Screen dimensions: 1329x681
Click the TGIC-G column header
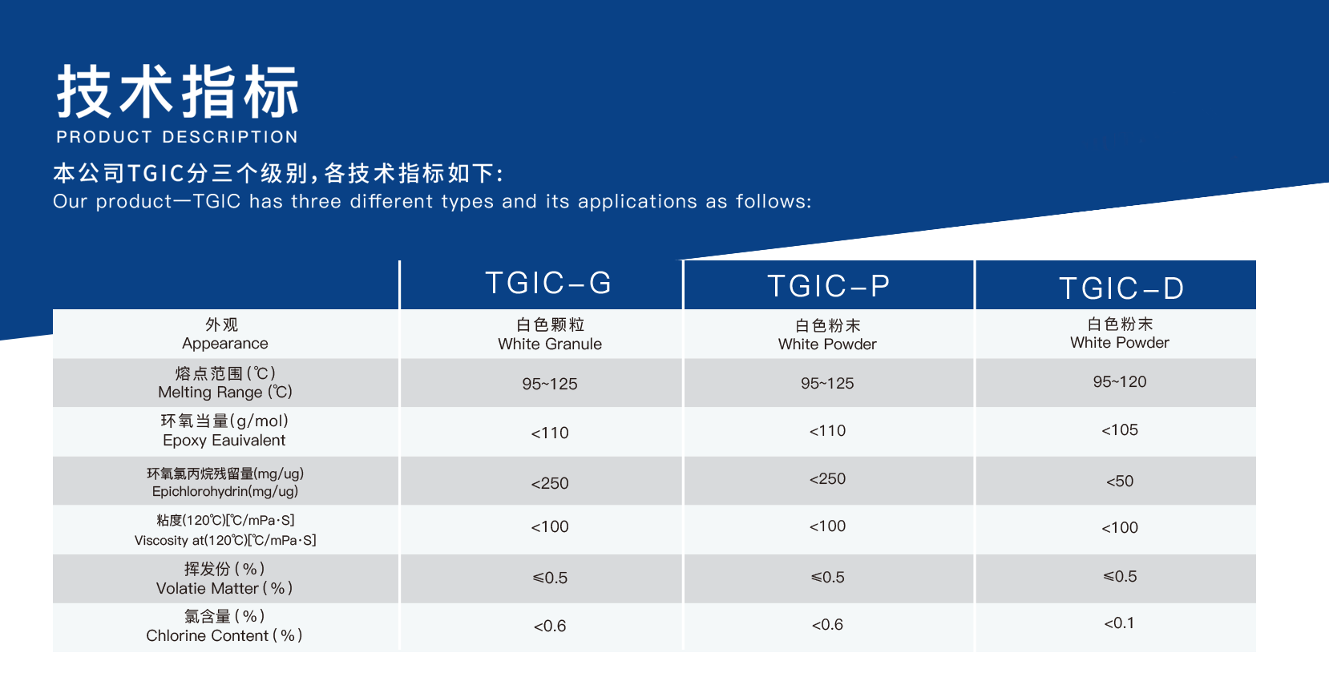(x=548, y=282)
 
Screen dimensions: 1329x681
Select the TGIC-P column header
(x=828, y=285)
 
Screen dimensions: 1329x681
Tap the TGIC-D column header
(x=1121, y=288)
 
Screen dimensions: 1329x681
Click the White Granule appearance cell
(x=549, y=335)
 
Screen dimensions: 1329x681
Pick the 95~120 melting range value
(x=1120, y=381)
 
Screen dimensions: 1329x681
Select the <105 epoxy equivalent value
(x=1120, y=430)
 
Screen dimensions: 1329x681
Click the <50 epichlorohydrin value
(x=1120, y=481)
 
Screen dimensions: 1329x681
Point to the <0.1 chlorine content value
(x=1119, y=623)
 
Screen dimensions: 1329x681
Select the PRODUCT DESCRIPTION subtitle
(x=177, y=137)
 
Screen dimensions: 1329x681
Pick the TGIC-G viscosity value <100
(x=549, y=526)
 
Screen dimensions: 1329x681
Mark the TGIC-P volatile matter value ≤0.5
(x=827, y=577)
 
